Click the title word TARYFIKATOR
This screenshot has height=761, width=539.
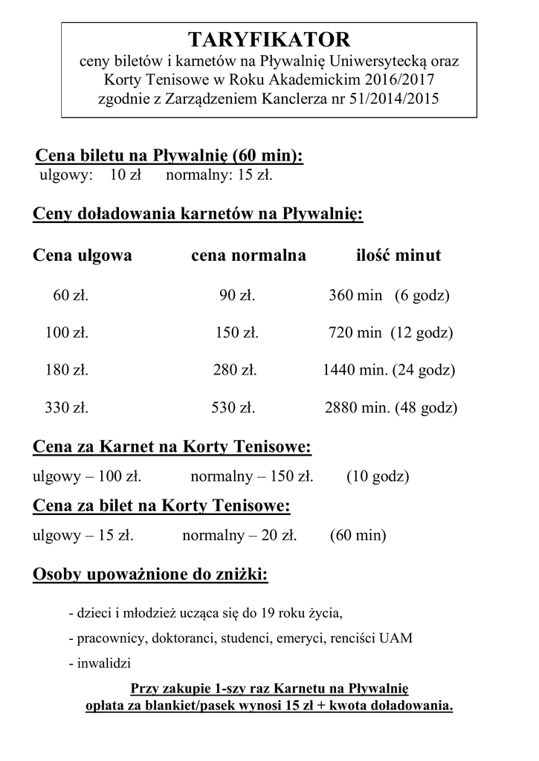point(268,39)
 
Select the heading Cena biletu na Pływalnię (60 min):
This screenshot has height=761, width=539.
point(170,157)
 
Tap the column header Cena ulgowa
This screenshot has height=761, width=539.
point(83,256)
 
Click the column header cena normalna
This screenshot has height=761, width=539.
point(248,256)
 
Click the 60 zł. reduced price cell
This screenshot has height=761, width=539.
point(71,296)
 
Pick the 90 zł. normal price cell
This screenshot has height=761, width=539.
point(237,296)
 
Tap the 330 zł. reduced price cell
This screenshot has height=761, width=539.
point(67,407)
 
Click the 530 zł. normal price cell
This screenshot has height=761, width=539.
point(234,407)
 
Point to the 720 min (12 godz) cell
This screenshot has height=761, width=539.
point(390,333)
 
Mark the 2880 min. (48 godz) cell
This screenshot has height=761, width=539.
point(391,407)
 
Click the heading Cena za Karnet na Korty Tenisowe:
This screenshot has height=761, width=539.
point(172,447)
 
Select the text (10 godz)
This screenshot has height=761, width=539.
point(378,476)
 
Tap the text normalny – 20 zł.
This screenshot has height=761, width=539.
point(239,534)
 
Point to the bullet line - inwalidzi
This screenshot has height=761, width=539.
point(100,663)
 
